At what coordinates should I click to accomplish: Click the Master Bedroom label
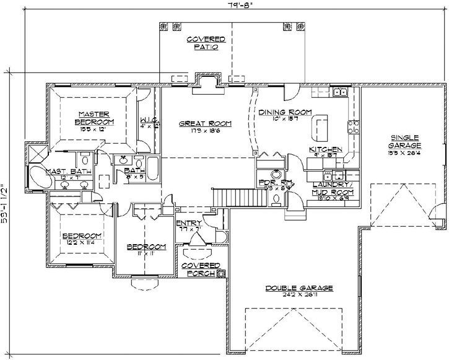[94, 117]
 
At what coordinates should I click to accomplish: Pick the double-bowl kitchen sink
[338, 93]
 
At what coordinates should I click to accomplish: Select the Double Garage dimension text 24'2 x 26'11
[300, 296]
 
